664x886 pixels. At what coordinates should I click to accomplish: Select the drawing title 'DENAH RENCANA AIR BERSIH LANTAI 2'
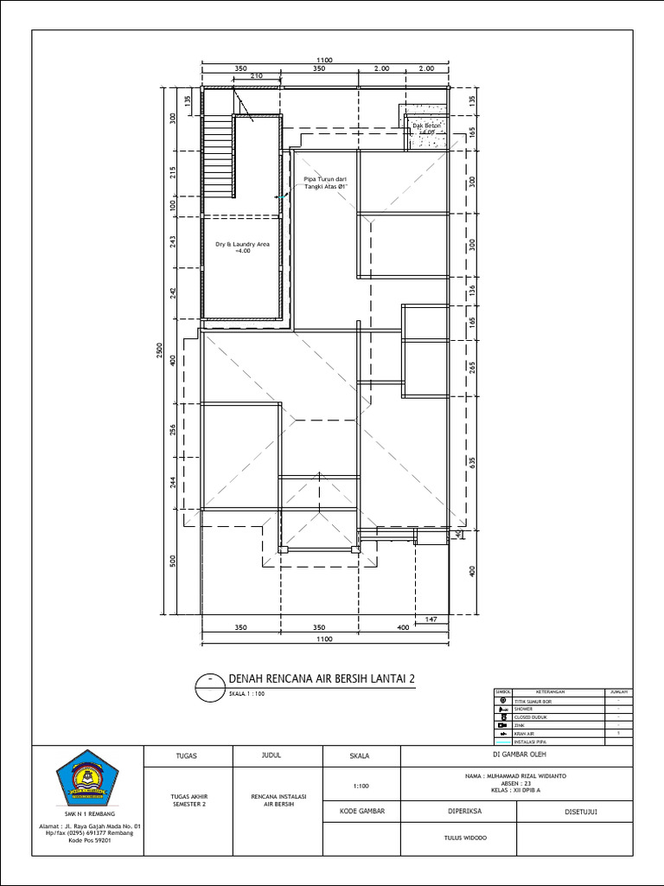click(321, 679)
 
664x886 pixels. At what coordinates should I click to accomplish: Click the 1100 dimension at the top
click(324, 60)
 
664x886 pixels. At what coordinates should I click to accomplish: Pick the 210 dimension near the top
click(257, 76)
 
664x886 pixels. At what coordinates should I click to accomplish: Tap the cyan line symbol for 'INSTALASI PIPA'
click(502, 742)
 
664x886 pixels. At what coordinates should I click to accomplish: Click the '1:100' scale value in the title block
click(361, 786)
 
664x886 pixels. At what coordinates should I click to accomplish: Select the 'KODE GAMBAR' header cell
click(361, 812)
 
